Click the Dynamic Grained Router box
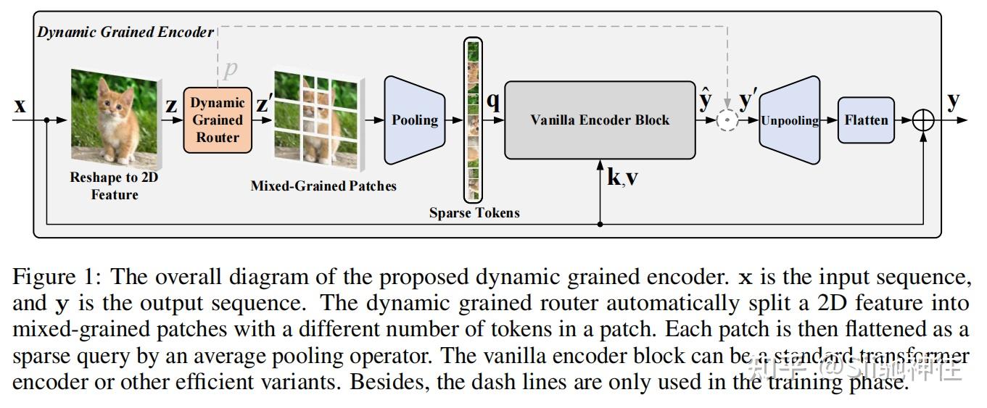click(218, 120)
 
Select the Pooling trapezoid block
click(415, 120)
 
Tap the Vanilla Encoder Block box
click(600, 120)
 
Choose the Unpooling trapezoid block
click(790, 120)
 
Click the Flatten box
click(866, 120)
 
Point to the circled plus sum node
click(923, 120)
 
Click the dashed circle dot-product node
click(727, 120)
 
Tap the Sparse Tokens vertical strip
click(473, 120)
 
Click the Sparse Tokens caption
click(474, 213)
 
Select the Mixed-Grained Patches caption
click(323, 186)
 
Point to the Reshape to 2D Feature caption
click(115, 186)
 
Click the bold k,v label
click(622, 177)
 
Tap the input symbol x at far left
click(20, 106)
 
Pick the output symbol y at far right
click(954, 101)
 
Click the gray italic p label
click(231, 70)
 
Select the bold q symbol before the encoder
click(493, 101)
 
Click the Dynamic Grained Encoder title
click(125, 33)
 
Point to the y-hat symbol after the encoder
click(705, 100)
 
